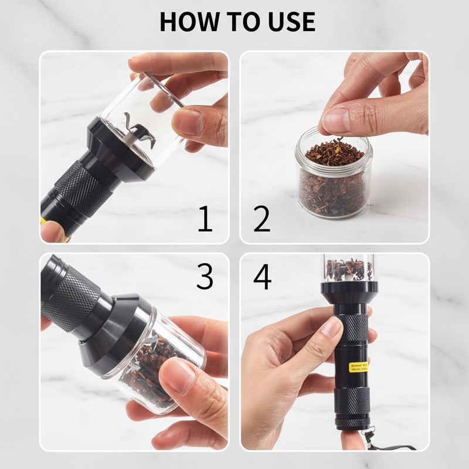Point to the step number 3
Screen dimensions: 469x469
204,276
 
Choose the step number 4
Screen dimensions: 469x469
262,276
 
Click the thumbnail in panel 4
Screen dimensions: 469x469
332,327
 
